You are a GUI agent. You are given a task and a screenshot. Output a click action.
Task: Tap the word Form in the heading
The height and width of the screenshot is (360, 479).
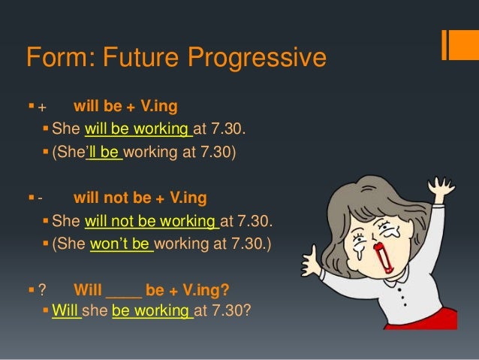pyautogui.click(x=55, y=57)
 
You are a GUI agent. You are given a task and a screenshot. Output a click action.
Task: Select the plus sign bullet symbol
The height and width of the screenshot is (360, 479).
pyautogui.click(x=42, y=105)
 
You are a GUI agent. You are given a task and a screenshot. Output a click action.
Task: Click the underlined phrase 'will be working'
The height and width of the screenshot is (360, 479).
pyautogui.click(x=139, y=133)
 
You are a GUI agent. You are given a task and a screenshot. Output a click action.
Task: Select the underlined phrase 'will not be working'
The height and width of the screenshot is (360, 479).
pyautogui.click(x=152, y=222)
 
